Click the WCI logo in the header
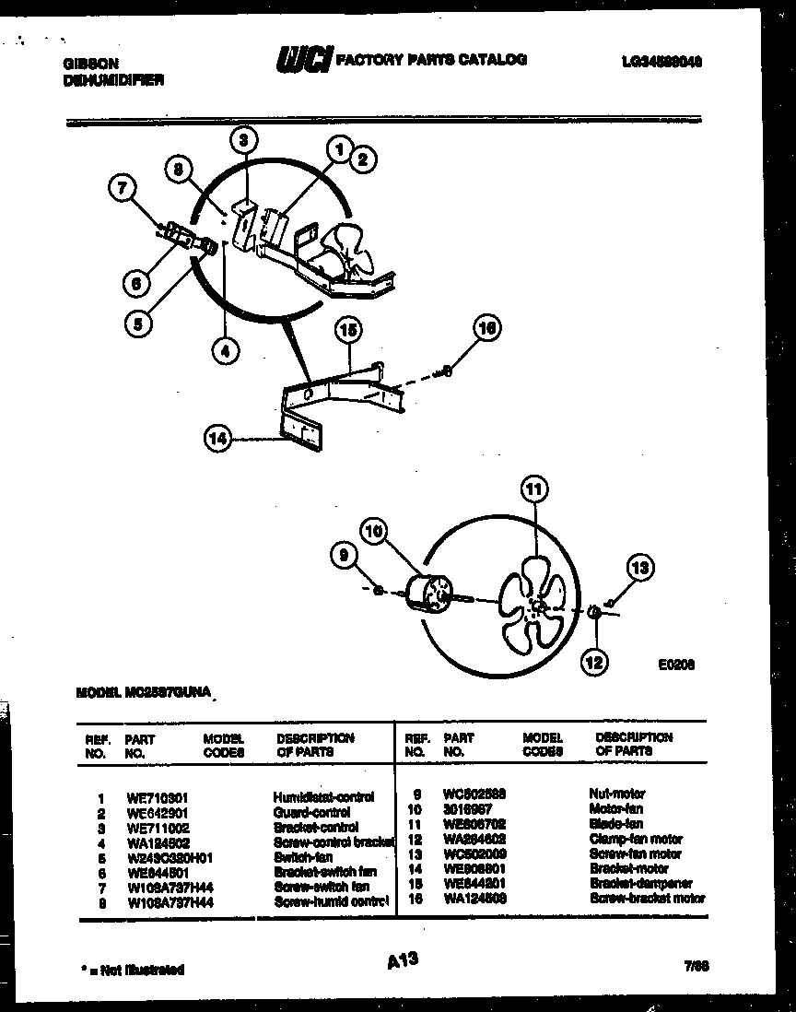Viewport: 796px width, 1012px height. pyautogui.click(x=303, y=60)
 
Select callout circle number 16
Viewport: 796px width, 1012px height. pyautogui.click(x=488, y=328)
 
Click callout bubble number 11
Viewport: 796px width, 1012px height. pyautogui.click(x=533, y=489)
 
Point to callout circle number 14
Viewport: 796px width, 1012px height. pyautogui.click(x=217, y=441)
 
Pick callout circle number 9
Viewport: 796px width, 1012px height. pyautogui.click(x=345, y=555)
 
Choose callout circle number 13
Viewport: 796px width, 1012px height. pyautogui.click(x=642, y=568)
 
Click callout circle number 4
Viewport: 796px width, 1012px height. pyautogui.click(x=225, y=349)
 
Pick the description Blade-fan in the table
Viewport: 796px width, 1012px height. pyautogui.click(x=616, y=824)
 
